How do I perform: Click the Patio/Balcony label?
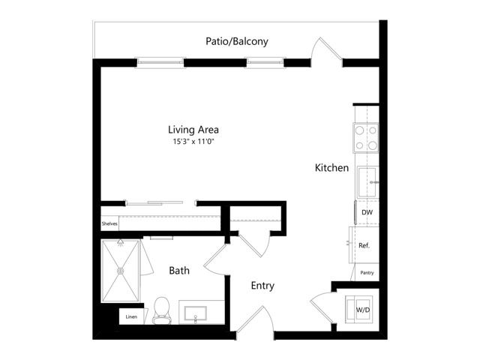click(x=237, y=41)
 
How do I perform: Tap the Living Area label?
click(x=193, y=130)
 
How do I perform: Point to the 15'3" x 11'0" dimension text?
click(x=193, y=142)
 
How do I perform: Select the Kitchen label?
click(x=331, y=168)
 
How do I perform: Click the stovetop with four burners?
click(x=366, y=138)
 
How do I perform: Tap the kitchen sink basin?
click(x=367, y=182)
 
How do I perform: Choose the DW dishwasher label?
click(x=367, y=212)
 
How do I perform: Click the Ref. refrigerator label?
click(x=364, y=245)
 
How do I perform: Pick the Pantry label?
click(x=367, y=273)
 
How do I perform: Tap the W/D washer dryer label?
click(x=363, y=310)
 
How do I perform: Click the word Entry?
click(x=262, y=286)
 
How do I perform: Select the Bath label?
click(x=179, y=271)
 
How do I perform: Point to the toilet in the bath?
click(x=161, y=310)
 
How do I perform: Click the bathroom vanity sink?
click(x=195, y=313)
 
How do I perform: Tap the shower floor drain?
click(x=120, y=271)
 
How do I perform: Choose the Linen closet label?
click(x=131, y=316)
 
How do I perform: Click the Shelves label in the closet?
click(x=109, y=223)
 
